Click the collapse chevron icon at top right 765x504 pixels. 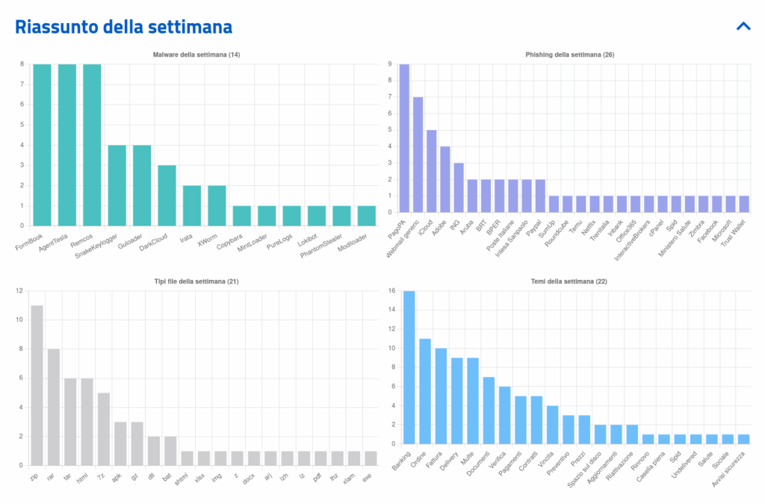pos(743,26)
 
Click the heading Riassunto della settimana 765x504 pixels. pos(124,28)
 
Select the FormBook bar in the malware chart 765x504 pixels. pos(42,145)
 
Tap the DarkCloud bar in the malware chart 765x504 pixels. pos(167,195)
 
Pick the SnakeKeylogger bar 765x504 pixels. pos(117,185)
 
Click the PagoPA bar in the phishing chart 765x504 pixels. pos(404,138)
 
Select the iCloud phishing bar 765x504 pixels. pos(432,171)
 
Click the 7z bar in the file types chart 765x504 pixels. pos(104,429)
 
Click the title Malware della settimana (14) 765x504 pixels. pos(196,55)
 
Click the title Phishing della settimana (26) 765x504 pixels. pos(570,55)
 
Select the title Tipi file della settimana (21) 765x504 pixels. pos(196,281)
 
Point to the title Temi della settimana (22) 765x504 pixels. pos(570,281)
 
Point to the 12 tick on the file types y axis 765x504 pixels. pos(19,290)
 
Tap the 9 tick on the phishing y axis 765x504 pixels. pos(390,64)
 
